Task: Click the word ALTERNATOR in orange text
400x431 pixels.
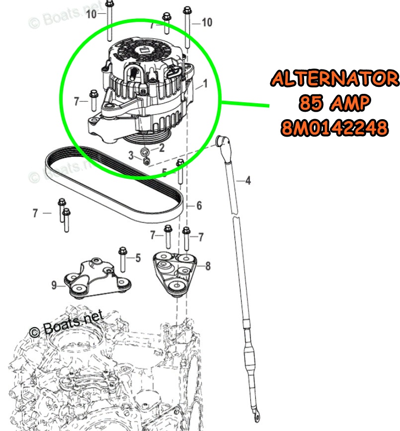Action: [x=334, y=78]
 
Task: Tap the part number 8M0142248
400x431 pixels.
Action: [x=334, y=128]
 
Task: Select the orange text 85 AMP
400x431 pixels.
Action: [x=334, y=102]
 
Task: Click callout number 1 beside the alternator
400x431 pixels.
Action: [x=205, y=83]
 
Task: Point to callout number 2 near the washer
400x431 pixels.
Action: [x=162, y=148]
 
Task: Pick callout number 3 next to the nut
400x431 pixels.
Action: [x=131, y=155]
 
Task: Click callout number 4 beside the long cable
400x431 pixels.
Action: [x=248, y=181]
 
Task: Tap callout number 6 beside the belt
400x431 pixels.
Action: [x=199, y=206]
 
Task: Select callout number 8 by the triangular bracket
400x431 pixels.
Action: [x=208, y=266]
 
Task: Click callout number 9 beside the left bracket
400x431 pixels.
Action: [x=54, y=285]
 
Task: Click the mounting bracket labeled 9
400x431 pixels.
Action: [x=97, y=278]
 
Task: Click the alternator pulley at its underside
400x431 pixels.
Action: [x=147, y=137]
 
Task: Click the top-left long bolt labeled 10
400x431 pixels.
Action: [x=109, y=21]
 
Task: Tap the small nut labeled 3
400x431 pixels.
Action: [x=147, y=161]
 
